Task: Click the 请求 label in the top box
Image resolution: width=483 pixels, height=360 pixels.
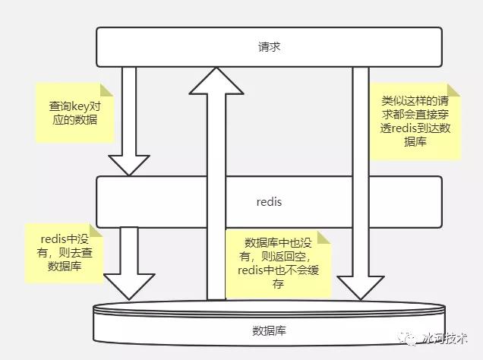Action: point(269,47)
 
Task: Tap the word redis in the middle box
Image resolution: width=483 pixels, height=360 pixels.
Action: point(269,202)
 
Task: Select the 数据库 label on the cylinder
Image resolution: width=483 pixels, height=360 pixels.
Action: point(269,330)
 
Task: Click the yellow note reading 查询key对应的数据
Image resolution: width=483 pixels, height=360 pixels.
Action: point(75,112)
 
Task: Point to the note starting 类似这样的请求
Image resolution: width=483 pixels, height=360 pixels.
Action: point(415,122)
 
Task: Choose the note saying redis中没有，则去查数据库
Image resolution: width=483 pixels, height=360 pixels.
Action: point(64,253)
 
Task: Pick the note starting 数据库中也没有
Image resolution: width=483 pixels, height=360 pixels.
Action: point(278,264)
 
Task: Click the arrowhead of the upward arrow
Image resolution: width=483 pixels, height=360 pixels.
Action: point(216,81)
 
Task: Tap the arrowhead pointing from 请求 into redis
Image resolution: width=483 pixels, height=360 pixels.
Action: point(129,166)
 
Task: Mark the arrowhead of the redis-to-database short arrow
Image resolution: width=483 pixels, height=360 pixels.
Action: point(129,286)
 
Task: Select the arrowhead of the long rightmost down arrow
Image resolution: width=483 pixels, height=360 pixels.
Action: point(361,288)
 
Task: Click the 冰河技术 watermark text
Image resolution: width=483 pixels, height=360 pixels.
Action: point(446,339)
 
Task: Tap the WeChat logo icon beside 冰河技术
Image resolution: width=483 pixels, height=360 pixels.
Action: point(406,339)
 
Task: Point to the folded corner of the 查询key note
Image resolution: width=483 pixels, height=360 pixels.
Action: point(107,90)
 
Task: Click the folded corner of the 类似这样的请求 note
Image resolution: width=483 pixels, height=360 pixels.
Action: point(453,90)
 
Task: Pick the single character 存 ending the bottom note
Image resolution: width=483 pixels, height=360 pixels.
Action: point(278,283)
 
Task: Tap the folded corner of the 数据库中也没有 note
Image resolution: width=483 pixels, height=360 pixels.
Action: point(324,237)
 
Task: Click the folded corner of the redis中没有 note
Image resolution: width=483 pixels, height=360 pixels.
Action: point(96,230)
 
